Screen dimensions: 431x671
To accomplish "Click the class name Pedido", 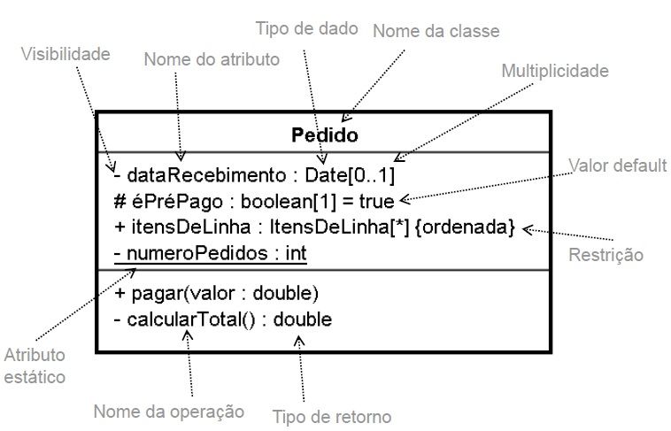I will (x=325, y=135).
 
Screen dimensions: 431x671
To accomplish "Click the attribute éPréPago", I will (x=169, y=201).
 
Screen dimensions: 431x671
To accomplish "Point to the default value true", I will (x=376, y=201).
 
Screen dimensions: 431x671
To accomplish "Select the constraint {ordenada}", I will (x=465, y=227).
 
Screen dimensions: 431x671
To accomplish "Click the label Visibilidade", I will (x=66, y=54).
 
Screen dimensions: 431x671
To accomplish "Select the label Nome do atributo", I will (x=212, y=59).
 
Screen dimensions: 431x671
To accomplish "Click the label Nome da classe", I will (x=436, y=31).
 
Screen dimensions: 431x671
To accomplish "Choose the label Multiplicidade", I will (x=555, y=70).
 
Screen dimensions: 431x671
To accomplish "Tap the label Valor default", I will (x=616, y=165).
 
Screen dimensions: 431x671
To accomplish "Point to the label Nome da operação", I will (x=168, y=410).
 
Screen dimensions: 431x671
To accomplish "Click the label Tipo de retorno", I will (x=331, y=416).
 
